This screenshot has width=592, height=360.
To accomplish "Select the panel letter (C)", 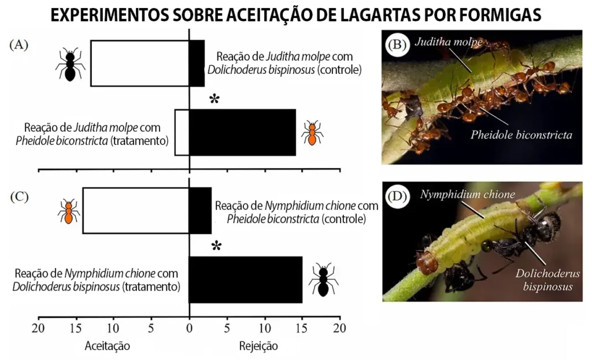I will pyautogui.click(x=19, y=196).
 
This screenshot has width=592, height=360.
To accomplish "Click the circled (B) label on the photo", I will pyautogui.click(x=398, y=45).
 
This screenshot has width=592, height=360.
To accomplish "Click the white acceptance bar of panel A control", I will pyautogui.click(x=139, y=63).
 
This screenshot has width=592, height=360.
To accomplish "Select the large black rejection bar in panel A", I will pyautogui.click(x=242, y=132).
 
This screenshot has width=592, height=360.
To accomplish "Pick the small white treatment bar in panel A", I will pyautogui.click(x=182, y=132).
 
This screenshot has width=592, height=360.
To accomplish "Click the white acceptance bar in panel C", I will pyautogui.click(x=135, y=210).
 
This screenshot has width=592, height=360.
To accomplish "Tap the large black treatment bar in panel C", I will pyautogui.click(x=245, y=280).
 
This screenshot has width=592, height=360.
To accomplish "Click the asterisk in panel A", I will pyautogui.click(x=214, y=99).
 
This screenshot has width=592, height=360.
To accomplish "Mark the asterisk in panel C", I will pyautogui.click(x=216, y=246).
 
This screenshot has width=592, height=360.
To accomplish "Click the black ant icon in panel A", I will pyautogui.click(x=70, y=64).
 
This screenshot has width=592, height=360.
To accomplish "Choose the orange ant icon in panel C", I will pyautogui.click(x=69, y=211).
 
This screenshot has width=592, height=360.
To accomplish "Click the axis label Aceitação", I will pyautogui.click(x=108, y=346).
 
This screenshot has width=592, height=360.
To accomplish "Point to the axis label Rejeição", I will pyautogui.click(x=258, y=346).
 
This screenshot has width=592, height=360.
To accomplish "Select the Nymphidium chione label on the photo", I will pyautogui.click(x=468, y=195).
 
